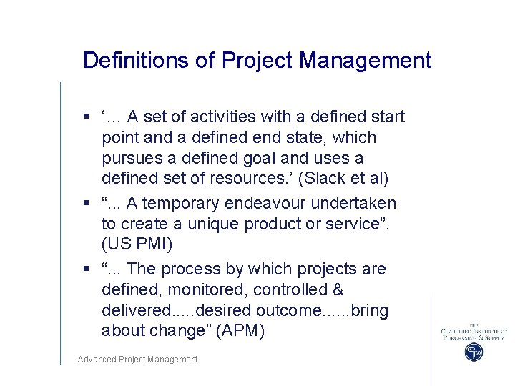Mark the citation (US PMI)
click(137, 244)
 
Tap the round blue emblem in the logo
click(474, 352)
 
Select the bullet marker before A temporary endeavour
click(85, 204)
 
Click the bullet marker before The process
click(85, 269)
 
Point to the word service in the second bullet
click(358, 224)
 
